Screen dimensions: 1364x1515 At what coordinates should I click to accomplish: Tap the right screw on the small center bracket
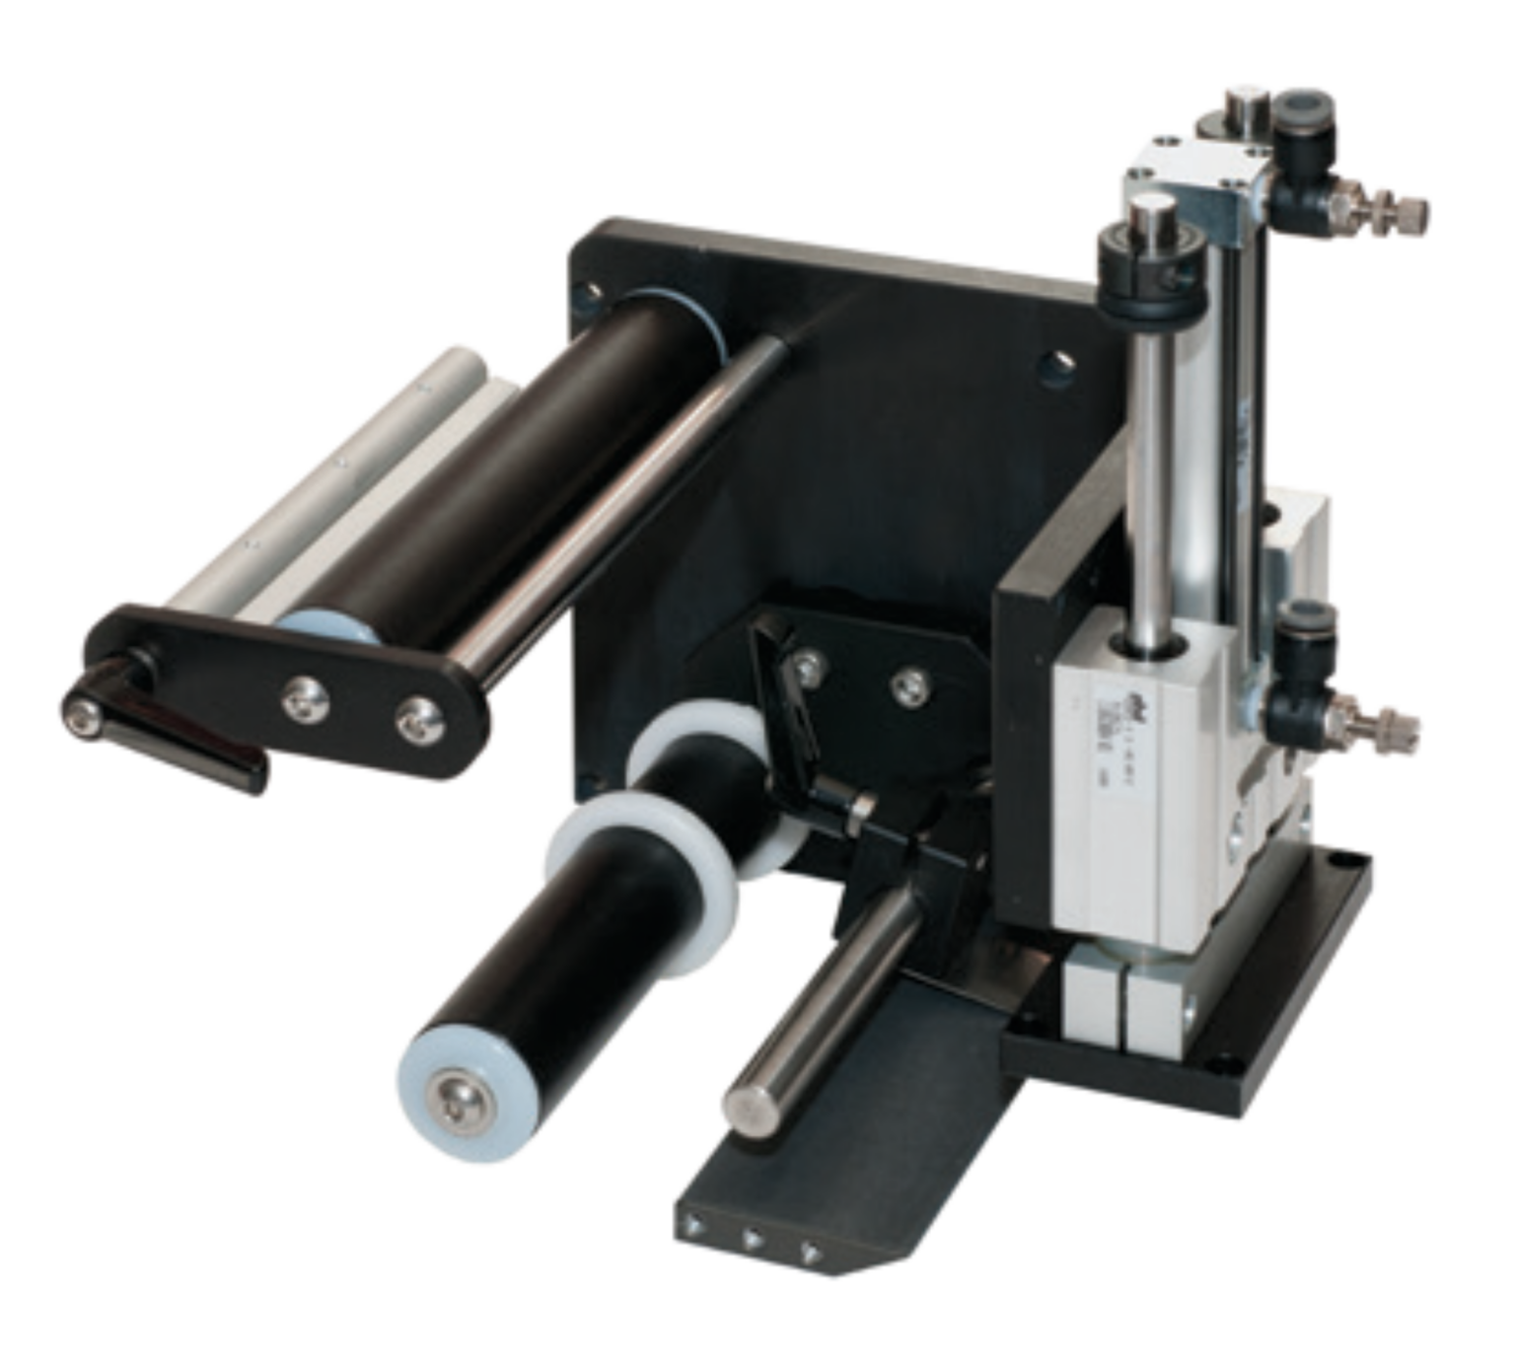pos(907,682)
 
